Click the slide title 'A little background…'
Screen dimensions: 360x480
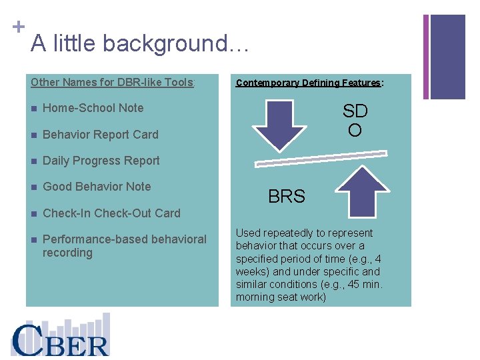tap(140, 44)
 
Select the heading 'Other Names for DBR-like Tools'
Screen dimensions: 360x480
tap(112, 83)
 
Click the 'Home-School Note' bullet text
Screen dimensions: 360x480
tap(93, 108)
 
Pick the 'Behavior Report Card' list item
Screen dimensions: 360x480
tap(100, 135)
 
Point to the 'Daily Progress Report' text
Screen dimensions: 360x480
tap(101, 161)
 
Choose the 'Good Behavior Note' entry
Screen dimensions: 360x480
tap(97, 187)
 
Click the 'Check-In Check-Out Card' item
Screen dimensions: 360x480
tap(111, 213)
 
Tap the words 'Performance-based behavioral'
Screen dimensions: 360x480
tap(124, 239)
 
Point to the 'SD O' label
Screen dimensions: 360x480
tap(355, 121)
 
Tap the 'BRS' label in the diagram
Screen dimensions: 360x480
tap(286, 197)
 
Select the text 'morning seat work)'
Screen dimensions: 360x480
tap(281, 297)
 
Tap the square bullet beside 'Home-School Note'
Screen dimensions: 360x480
tap(33, 109)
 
